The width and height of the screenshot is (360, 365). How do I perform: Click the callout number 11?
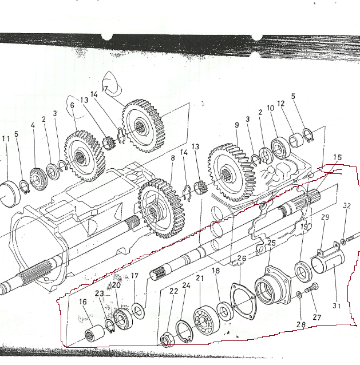(x=6, y=139)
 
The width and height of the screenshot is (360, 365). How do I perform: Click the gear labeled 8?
(x=156, y=207)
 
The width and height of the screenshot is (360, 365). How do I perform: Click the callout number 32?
(x=347, y=205)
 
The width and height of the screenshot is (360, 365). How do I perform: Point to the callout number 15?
(x=337, y=157)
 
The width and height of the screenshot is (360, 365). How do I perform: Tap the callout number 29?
(x=325, y=218)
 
